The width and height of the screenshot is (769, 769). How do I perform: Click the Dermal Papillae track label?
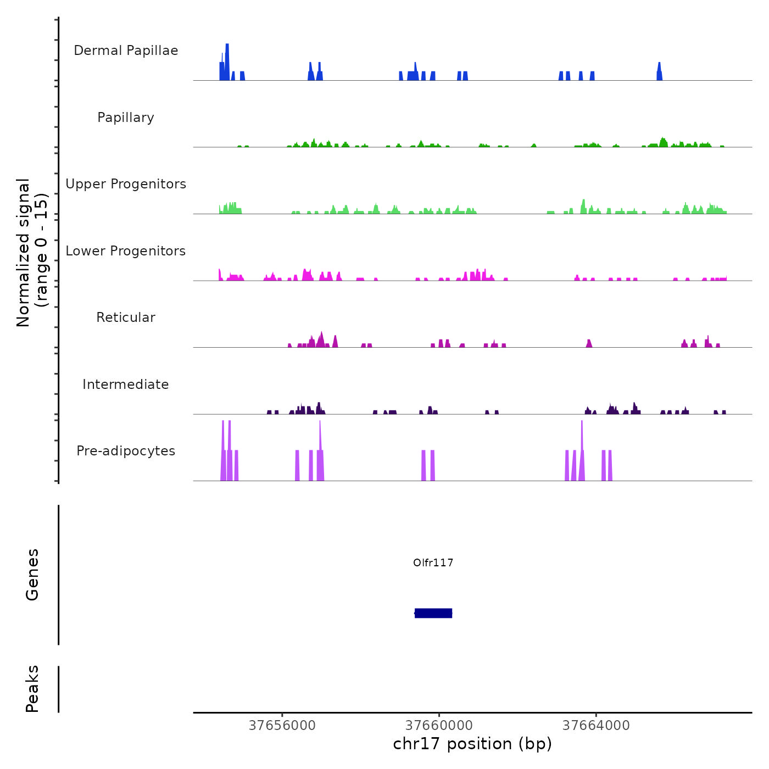126,51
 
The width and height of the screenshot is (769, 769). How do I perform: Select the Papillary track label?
126,118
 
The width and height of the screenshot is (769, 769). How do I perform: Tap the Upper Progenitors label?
126,184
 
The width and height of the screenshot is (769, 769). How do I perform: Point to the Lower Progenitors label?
126,251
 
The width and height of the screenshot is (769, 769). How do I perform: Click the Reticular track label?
126,317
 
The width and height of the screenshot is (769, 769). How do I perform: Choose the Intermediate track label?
126,384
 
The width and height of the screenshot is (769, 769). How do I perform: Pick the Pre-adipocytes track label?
126,451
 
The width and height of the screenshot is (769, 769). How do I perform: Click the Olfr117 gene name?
433,562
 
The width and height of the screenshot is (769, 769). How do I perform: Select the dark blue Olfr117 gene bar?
433,613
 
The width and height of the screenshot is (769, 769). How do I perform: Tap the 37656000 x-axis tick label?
282,726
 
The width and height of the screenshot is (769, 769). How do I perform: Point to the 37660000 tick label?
439,726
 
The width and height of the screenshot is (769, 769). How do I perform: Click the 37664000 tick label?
596,726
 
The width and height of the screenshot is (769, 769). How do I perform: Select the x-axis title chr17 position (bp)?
472,744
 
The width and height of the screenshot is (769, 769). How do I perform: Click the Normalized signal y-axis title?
32,252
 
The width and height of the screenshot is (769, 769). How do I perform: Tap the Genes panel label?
32,575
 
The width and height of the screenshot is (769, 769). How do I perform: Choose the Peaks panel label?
32,689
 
